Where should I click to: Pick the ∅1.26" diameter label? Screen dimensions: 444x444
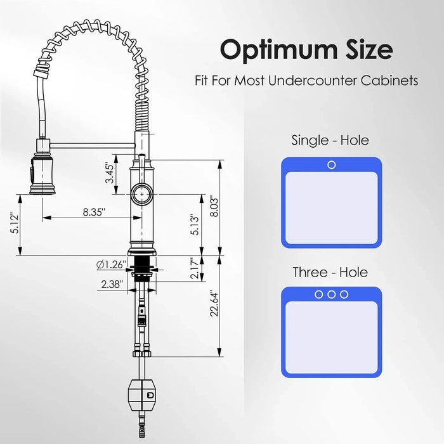(x=112, y=263)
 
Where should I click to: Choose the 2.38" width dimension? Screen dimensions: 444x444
(x=111, y=285)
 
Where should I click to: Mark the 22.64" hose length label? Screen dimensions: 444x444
(x=214, y=304)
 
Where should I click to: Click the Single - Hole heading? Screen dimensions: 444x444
(x=330, y=140)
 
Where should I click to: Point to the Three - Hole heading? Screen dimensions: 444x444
(x=330, y=273)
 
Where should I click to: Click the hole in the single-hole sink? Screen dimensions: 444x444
(x=331, y=165)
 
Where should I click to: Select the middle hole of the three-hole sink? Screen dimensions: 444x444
(x=331, y=294)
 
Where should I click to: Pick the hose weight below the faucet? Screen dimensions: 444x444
(x=141, y=395)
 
